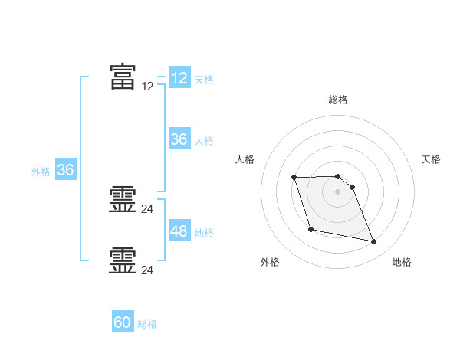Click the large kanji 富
(123, 77)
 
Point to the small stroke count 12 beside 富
(147, 87)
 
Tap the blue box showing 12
(179, 77)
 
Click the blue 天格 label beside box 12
(204, 80)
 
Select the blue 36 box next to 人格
(179, 139)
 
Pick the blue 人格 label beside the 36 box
(204, 141)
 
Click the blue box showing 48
(179, 230)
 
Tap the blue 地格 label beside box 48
(204, 233)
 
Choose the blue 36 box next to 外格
(66, 169)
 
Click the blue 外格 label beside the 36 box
(41, 172)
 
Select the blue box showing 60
(123, 321)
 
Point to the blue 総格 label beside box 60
(147, 324)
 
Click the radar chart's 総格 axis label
(338, 100)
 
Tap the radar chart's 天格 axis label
(431, 159)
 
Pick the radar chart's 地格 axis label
(402, 262)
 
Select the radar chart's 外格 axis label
(270, 262)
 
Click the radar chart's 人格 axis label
(245, 159)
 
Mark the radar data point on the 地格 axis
(374, 241)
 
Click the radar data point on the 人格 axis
(294, 178)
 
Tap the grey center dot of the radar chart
(337, 191)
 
